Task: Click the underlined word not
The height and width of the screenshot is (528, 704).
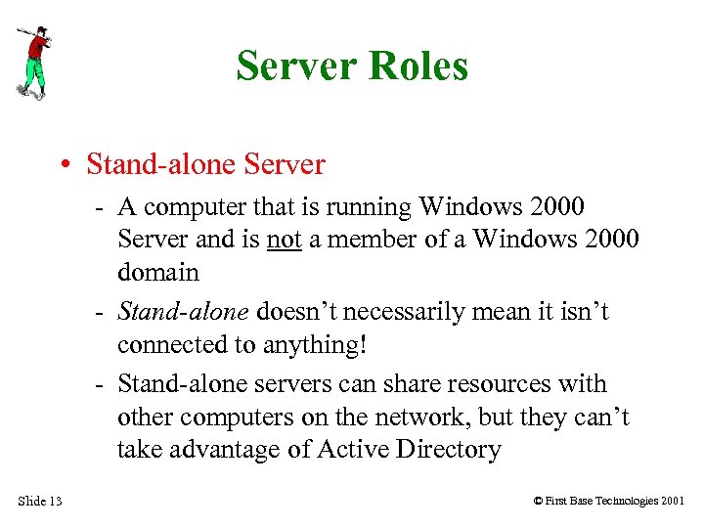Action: coord(284,240)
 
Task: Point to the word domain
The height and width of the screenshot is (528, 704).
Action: coord(157,272)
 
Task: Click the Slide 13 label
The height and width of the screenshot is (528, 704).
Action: coord(39,502)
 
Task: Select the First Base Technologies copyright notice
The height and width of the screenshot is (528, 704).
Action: coord(609,502)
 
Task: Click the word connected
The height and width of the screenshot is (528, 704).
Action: coord(169,344)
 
